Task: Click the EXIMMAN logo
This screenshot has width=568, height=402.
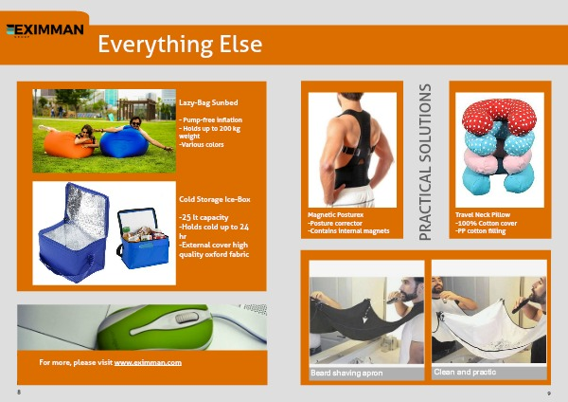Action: coord(44,30)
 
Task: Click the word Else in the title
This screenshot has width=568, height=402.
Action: coord(240,45)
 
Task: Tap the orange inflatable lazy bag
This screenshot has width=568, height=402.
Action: coord(68,144)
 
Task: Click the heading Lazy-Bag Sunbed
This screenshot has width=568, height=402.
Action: coord(208,102)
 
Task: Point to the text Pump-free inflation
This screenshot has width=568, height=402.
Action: coord(212,120)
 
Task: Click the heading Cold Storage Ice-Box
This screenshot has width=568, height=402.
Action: coord(215,199)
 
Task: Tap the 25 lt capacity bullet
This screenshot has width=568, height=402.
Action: coord(204,217)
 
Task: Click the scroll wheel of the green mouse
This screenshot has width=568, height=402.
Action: coord(186,318)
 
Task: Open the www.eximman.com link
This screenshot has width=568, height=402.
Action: coord(148,362)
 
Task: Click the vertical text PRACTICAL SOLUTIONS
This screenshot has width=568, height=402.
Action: coord(425,162)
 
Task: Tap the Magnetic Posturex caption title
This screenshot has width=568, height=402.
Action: coord(335,215)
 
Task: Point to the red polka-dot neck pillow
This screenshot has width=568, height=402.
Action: coord(499,116)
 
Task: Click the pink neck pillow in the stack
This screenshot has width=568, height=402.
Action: coord(497,159)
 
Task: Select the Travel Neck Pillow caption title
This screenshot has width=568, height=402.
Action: coord(483,215)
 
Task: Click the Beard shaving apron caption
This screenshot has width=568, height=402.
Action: coord(346,373)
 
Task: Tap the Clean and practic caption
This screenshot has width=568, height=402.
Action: coord(465,372)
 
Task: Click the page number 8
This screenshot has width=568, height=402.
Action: coord(19,392)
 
